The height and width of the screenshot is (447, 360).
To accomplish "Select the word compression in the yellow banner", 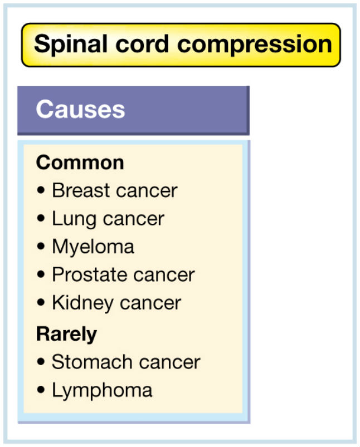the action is coord(255,45).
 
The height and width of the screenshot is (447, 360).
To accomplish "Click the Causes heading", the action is coord(80,109).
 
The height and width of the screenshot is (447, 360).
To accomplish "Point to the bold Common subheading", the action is coord(80,163).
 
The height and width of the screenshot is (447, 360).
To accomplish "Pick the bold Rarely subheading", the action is coord(66,335).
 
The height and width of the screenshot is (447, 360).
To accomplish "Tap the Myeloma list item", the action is coord(93,247).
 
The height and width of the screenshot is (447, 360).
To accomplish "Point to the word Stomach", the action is coord(91,362).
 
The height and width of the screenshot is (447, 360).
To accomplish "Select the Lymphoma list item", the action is coord(102,391).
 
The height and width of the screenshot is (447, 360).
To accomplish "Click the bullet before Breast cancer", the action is coord(41,190).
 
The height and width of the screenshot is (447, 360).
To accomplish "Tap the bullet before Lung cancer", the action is coord(41,218).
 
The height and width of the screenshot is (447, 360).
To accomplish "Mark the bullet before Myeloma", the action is coord(41,246).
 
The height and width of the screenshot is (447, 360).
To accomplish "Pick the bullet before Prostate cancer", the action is coord(41,274).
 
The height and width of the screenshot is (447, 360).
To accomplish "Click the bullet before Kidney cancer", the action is coord(41,302).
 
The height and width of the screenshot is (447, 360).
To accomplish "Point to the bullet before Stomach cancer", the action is coord(41,362).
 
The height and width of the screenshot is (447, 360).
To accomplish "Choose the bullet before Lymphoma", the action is coord(41,390).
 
